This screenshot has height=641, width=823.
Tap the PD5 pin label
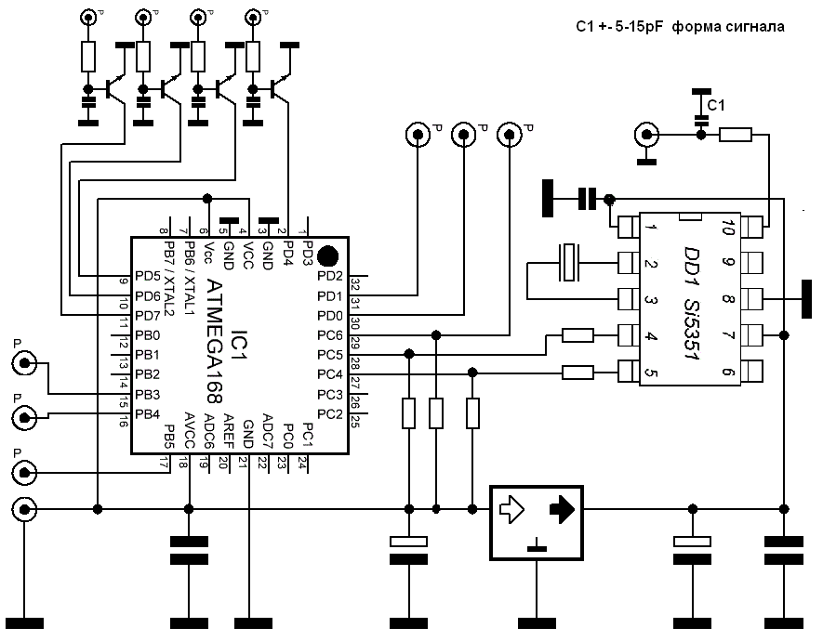(x=148, y=276)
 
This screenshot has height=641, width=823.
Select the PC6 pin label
(x=329, y=334)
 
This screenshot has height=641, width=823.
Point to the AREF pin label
(x=226, y=430)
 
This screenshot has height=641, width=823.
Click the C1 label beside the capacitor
(x=717, y=105)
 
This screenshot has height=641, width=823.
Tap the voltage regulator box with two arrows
(x=537, y=523)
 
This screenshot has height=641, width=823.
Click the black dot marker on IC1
(x=327, y=255)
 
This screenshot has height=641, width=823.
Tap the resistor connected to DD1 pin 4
(x=578, y=335)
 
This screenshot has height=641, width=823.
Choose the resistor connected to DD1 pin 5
(x=578, y=373)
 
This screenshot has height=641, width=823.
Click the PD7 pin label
(x=148, y=315)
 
